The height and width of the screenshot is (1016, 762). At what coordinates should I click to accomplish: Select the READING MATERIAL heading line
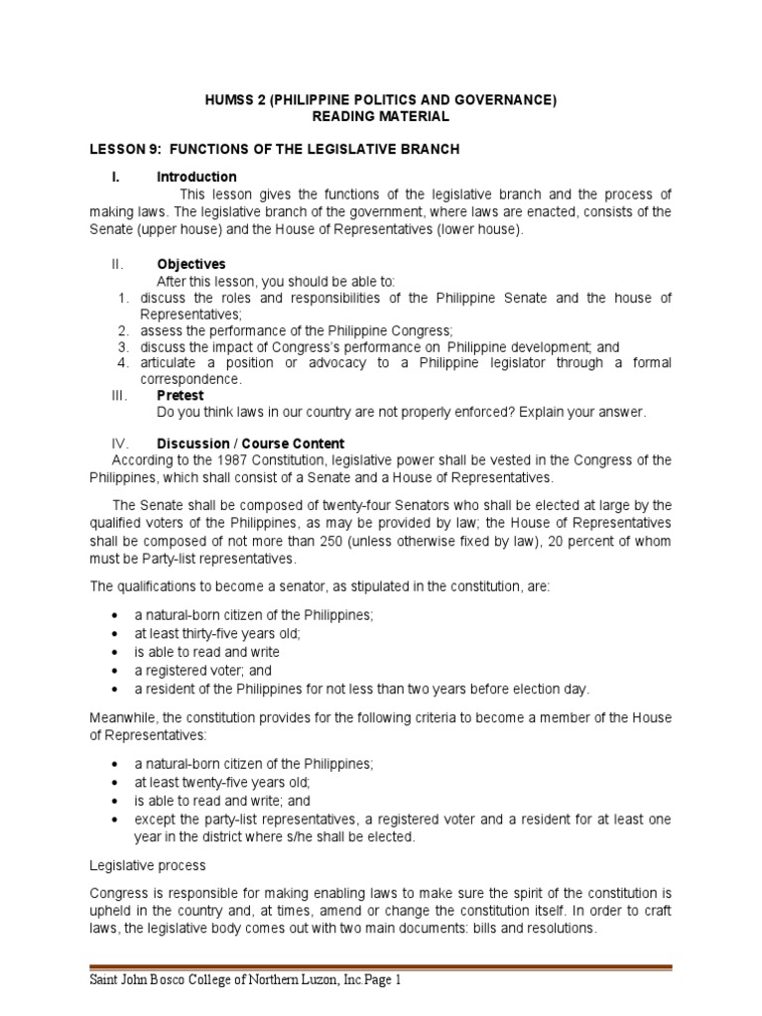(x=381, y=116)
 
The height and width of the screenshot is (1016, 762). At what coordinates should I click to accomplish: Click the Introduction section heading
(x=196, y=177)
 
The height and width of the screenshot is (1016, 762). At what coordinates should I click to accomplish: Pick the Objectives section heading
(x=191, y=264)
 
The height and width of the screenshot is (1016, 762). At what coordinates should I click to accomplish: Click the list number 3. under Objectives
(x=123, y=347)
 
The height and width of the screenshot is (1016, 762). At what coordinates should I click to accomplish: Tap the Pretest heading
(x=180, y=395)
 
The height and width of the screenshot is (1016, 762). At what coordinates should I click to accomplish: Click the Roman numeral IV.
(x=121, y=444)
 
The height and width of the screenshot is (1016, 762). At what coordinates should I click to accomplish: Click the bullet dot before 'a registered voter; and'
(x=118, y=671)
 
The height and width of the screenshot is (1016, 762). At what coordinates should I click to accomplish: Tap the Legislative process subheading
(x=148, y=865)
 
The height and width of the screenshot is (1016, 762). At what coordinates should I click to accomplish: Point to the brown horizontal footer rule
(x=381, y=967)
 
